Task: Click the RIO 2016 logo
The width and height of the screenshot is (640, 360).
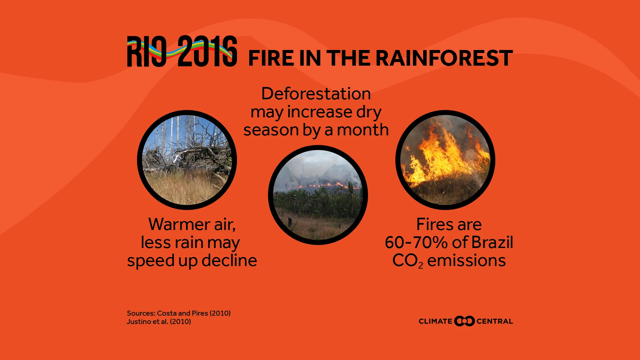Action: [x=182, y=51]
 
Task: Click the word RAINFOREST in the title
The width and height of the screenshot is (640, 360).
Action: [x=444, y=58]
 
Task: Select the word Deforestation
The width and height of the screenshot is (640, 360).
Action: [x=316, y=94]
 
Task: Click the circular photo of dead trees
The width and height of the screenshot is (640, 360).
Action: [x=187, y=160]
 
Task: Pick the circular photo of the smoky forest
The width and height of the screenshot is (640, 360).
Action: [x=318, y=195]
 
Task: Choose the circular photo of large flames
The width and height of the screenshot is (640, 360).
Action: [x=445, y=160]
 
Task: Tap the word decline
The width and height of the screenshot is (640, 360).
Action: [x=229, y=260]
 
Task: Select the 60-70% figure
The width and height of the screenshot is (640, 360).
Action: [x=416, y=242]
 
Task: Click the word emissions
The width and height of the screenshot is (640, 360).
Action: [x=467, y=261]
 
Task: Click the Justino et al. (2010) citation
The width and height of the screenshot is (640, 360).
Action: [x=159, y=322]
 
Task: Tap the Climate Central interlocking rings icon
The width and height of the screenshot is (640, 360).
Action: [x=464, y=321]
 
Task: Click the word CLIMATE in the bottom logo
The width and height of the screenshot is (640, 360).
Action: [x=435, y=321]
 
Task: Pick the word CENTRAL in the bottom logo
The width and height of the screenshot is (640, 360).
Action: [x=495, y=321]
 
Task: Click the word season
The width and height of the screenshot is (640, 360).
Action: [x=271, y=130]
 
